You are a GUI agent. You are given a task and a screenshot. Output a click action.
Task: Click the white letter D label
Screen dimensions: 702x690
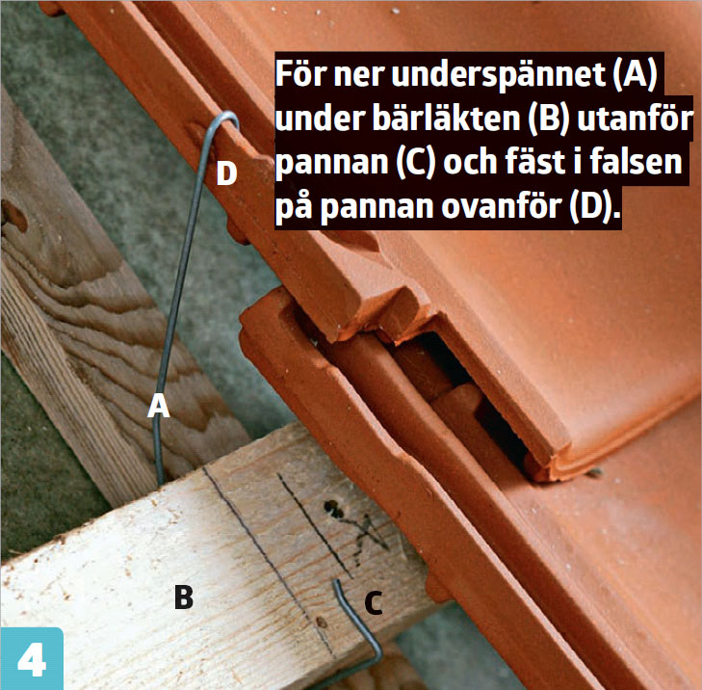[x=226, y=173]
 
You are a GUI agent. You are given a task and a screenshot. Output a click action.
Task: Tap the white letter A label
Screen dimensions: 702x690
[x=159, y=406]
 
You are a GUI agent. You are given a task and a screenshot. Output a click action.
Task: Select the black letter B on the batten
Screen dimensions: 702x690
[x=184, y=597]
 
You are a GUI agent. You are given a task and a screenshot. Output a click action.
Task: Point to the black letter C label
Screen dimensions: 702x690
[x=374, y=602]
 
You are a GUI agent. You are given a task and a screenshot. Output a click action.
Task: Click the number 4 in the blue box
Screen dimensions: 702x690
[x=32, y=659]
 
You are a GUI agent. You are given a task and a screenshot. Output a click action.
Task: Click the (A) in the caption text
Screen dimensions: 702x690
[x=635, y=75]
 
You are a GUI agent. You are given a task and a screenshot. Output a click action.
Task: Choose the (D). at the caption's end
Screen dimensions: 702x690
[x=594, y=206]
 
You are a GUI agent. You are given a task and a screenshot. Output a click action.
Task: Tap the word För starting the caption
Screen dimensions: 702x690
[x=300, y=75]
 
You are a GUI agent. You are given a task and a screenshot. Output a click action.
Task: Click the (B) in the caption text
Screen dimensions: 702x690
[x=548, y=119]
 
